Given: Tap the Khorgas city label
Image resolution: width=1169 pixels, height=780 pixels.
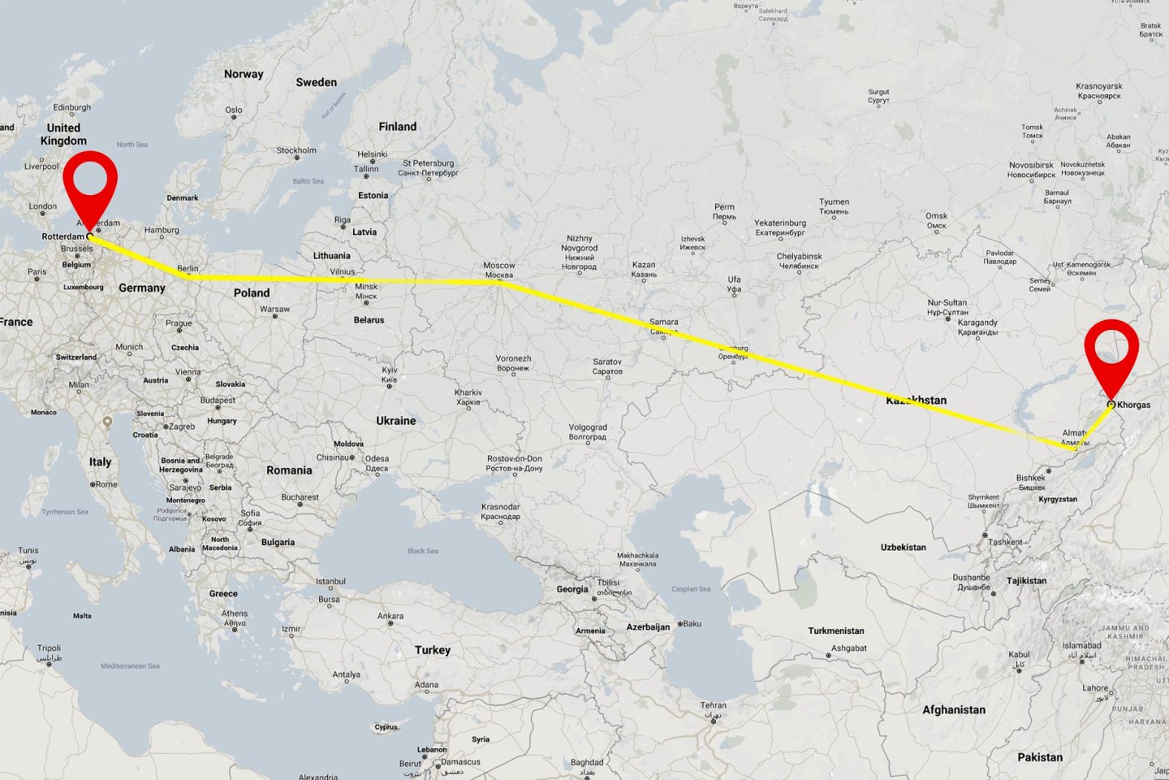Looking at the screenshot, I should pos(1133,405).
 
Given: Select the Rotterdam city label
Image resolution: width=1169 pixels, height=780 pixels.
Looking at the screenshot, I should pos(63,236).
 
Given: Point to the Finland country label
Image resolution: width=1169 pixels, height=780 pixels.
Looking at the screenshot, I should pos(397,127).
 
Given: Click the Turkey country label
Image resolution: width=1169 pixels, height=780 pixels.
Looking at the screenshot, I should pos(432,650).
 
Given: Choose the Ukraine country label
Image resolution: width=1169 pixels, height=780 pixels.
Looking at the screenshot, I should pos(395,421).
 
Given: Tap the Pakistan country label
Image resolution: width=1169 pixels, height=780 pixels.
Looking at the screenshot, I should pos(1039,757).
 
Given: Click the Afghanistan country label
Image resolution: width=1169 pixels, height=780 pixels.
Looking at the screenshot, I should pos(953,710).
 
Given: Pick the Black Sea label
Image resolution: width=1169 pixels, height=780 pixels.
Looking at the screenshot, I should pos(422,551).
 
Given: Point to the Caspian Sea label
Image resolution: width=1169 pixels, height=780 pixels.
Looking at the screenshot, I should pos(690,589).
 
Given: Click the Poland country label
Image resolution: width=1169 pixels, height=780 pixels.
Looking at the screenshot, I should pos(252,293).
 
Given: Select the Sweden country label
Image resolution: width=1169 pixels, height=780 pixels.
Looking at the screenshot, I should pos(316,83).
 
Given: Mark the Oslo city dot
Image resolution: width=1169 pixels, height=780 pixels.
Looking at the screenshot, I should pos(234,118).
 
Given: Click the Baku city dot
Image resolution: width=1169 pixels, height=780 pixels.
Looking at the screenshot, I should pos(679,624).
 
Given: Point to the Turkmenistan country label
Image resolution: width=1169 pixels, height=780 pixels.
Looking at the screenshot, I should pos(835,630).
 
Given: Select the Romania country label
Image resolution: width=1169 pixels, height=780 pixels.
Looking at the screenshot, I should pos(289,470).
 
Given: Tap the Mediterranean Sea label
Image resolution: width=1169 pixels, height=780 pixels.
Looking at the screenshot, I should pos(130,666).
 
